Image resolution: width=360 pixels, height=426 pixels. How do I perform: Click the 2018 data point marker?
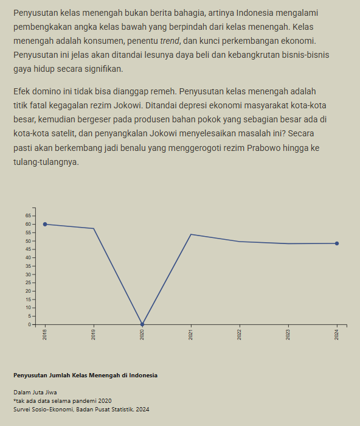(45, 224)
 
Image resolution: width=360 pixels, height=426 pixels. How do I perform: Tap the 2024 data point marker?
(337, 243)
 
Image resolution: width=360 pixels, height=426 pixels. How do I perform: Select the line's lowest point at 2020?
(142, 324)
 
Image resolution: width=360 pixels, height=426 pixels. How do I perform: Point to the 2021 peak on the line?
(191, 234)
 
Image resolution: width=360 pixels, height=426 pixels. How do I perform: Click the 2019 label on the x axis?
(94, 334)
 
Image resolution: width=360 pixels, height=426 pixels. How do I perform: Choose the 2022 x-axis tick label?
(240, 334)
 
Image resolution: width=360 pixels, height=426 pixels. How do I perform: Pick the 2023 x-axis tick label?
(288, 334)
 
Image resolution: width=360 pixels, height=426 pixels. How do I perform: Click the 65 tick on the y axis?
(28, 215)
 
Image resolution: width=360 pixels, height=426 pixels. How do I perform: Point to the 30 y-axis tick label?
(28, 274)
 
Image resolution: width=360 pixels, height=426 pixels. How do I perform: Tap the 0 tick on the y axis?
(29, 324)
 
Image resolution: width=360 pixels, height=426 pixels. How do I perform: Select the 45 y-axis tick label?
(28, 249)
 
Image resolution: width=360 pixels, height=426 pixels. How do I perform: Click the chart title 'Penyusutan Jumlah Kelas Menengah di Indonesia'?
(85, 375)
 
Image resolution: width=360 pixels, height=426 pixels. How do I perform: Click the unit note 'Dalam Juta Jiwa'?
(35, 392)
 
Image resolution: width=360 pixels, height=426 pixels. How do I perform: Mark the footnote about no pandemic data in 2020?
(62, 400)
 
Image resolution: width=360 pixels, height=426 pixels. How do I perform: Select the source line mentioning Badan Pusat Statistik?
(81, 409)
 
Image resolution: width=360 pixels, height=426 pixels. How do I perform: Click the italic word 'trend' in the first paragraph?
(168, 41)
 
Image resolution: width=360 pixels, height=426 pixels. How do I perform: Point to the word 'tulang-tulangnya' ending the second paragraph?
(46, 162)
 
